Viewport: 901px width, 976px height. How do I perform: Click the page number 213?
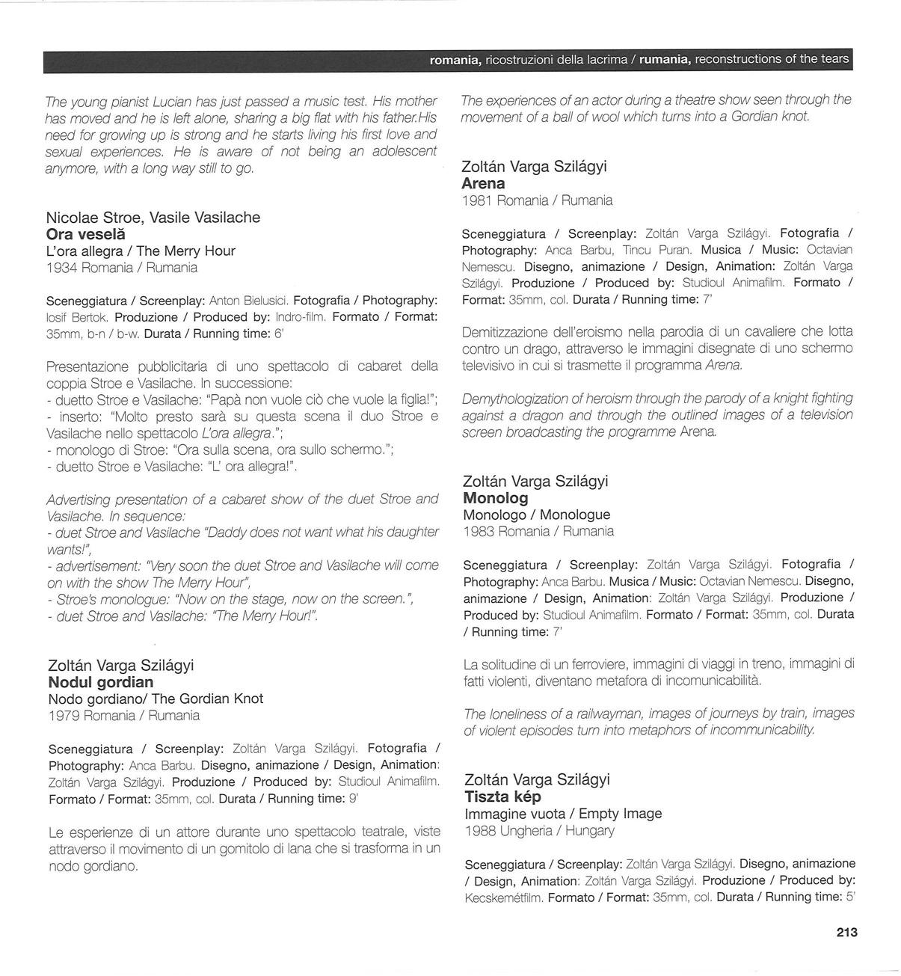(846, 932)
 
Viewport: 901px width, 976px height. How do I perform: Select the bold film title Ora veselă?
(86, 234)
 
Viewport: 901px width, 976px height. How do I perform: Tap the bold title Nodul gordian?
(101, 682)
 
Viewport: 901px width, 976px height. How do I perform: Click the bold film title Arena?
(483, 183)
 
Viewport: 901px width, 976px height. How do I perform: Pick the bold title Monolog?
(496, 498)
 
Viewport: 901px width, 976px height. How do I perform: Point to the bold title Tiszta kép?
(502, 797)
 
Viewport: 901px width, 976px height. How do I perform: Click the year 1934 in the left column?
(61, 268)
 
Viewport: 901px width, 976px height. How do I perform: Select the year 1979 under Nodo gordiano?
(64, 716)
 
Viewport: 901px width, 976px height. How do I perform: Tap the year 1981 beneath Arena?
(477, 200)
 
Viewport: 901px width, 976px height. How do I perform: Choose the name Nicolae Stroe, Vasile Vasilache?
(153, 218)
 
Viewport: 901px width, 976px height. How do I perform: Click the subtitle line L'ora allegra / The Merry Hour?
(141, 251)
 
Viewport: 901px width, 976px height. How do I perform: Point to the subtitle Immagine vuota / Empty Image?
(563, 814)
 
